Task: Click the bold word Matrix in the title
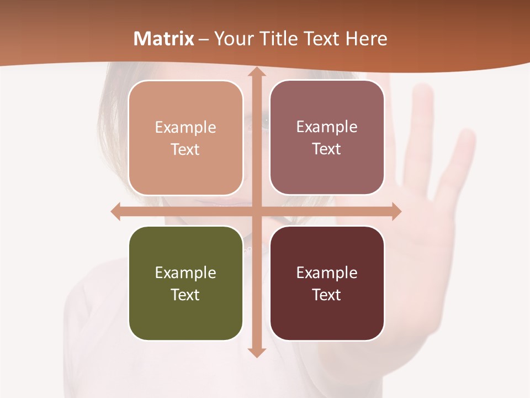click(164, 39)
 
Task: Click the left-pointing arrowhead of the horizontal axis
click(116, 211)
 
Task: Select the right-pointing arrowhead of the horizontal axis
click(395, 211)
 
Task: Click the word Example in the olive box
click(185, 273)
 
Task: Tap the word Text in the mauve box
click(327, 149)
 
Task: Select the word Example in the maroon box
click(327, 273)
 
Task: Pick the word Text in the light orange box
click(185, 150)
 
